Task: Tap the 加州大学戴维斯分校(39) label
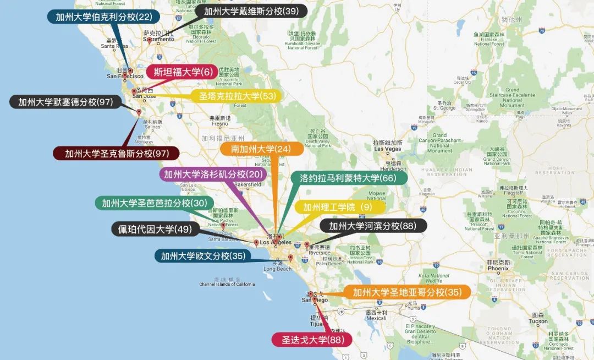(251, 11)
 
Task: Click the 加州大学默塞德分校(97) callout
(65, 102)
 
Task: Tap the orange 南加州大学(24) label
(260, 149)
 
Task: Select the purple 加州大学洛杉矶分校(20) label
(213, 174)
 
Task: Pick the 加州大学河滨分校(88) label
(372, 226)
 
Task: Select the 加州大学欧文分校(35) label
(202, 256)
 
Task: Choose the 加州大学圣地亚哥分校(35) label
(406, 292)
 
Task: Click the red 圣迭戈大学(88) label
(311, 340)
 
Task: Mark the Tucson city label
(538, 321)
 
